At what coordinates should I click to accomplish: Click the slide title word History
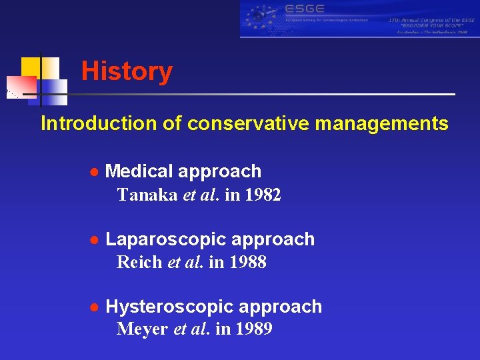(127, 71)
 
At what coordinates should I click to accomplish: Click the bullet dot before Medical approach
(95, 172)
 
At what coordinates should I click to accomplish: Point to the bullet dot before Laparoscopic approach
(95, 239)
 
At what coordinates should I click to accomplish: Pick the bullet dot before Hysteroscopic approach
(95, 307)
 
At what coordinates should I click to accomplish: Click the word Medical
(137, 171)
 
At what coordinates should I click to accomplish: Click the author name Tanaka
(147, 195)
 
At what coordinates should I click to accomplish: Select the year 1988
(248, 263)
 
